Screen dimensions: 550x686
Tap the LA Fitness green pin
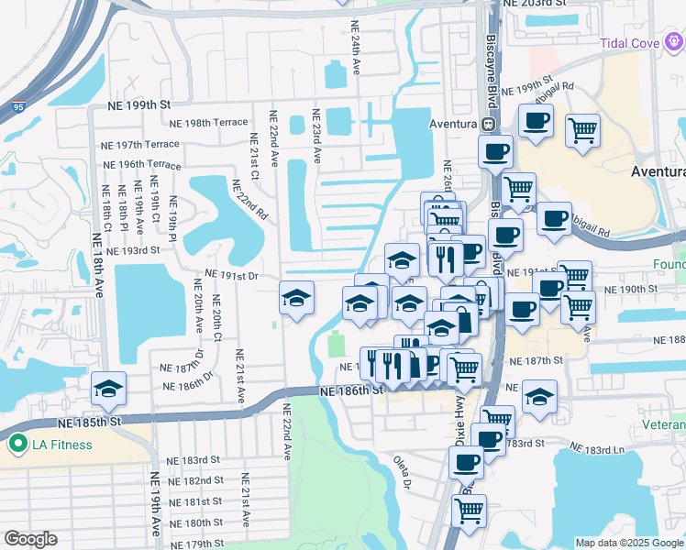(16, 445)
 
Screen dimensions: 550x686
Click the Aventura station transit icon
(489, 124)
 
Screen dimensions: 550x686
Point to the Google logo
(30, 539)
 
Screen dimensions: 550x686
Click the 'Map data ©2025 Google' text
(628, 543)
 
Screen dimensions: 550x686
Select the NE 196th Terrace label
(140, 164)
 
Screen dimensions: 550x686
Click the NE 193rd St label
(133, 249)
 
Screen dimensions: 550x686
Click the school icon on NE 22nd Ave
(296, 298)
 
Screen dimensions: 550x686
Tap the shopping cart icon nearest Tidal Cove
(582, 132)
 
